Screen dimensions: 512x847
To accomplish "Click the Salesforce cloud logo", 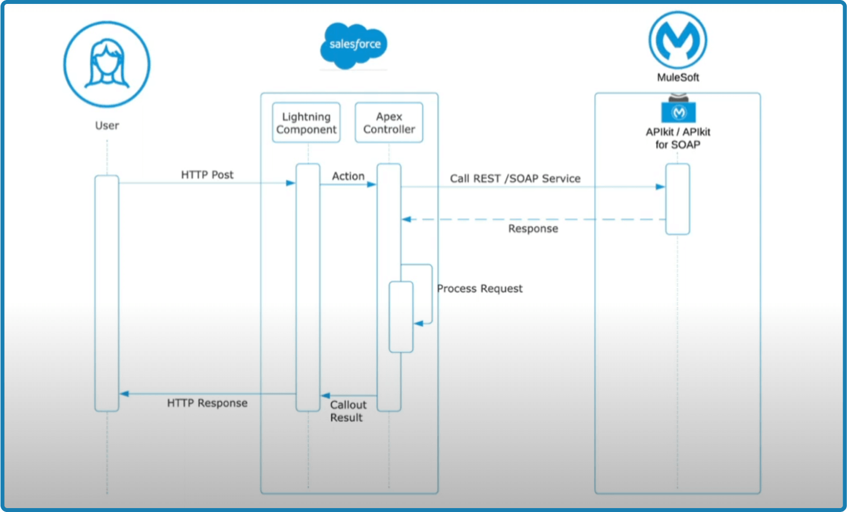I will coord(354,45).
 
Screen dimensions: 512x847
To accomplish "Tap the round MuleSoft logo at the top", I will coord(678,40).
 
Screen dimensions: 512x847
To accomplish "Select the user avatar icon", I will coord(107,64).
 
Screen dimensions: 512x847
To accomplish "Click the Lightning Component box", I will coord(306,123).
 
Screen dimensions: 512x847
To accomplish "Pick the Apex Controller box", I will coord(389,123).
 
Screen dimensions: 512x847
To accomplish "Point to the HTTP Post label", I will coord(207,175).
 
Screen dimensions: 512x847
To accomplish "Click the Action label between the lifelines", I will coord(348,176).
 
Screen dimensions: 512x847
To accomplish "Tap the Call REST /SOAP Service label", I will coord(515,179).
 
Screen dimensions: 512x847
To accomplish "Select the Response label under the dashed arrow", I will coord(533,229).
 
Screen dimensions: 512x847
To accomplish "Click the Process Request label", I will coord(479,288).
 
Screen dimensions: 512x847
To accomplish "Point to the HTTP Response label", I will coord(207,403).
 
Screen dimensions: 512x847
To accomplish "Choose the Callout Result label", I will coord(348,411).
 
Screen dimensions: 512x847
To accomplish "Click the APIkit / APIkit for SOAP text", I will coord(678,138).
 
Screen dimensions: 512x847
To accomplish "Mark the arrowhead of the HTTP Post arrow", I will coord(291,183).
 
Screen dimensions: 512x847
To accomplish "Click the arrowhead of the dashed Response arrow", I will coord(406,220).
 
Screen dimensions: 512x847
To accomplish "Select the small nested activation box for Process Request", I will coord(401,317).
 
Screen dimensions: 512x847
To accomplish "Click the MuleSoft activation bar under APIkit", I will coord(677,199).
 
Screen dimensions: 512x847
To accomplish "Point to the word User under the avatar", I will coord(107,125).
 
